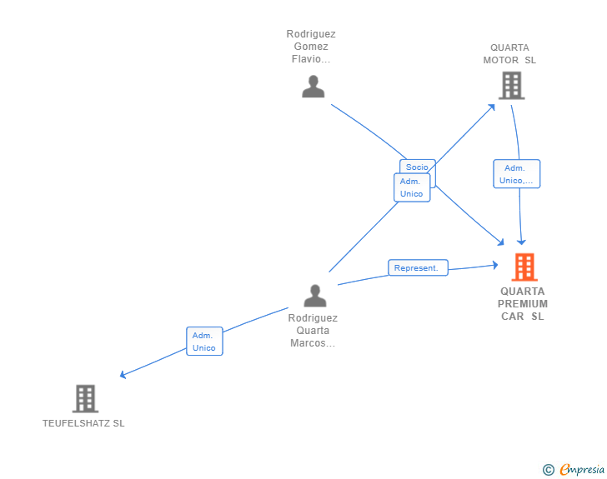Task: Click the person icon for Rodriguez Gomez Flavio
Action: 313,87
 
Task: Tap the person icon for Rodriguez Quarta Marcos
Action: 315,296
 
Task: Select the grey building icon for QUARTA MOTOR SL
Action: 511,85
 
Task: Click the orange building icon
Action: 524,267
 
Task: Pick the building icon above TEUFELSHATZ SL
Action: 85,399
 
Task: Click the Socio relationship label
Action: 417,167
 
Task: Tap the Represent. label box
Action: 418,267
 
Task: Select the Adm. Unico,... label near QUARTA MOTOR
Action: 516,174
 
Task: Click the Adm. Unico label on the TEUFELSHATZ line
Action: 204,342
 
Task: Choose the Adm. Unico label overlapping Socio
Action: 411,188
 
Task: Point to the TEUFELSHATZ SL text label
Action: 83,423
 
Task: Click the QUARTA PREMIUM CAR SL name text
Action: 524,303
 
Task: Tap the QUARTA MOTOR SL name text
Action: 509,54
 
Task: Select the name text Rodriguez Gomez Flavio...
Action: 311,47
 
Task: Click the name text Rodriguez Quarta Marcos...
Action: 313,331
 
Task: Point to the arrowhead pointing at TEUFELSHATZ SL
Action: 123,375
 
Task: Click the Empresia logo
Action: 582,470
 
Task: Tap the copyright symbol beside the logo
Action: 549,470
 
